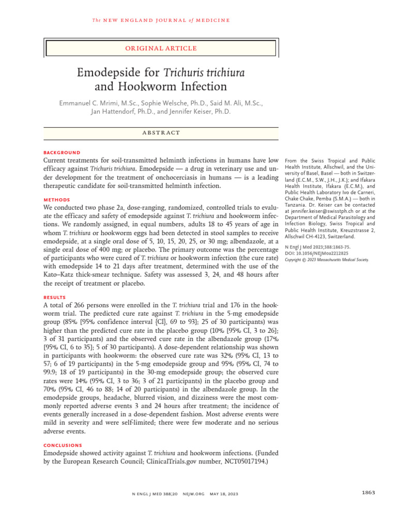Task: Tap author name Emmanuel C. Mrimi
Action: (x=95, y=103)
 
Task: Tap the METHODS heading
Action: (x=56, y=199)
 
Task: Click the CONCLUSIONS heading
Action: (x=63, y=445)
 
